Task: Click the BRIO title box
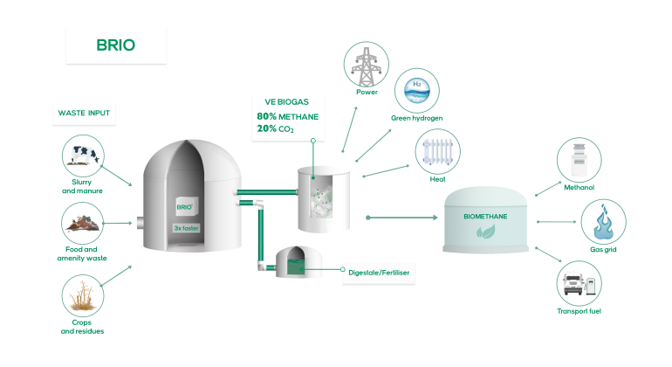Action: click(115, 45)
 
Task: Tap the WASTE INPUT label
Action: click(84, 114)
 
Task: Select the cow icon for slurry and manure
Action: click(83, 156)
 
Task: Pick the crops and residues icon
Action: click(83, 295)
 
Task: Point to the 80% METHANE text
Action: click(287, 116)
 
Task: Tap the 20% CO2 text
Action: click(275, 129)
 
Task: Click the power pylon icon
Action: click(367, 64)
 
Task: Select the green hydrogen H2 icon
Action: click(417, 90)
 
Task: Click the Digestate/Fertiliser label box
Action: click(378, 273)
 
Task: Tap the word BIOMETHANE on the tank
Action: click(485, 214)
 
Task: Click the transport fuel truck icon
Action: click(579, 284)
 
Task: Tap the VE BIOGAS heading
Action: click(276, 101)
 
